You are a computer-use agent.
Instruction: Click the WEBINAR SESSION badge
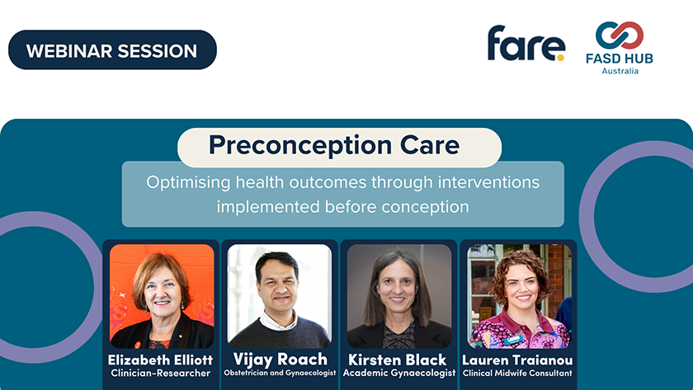(112, 50)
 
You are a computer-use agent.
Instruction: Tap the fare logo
(526, 43)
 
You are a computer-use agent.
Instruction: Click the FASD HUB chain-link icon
(620, 35)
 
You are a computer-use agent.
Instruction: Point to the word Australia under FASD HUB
(620, 71)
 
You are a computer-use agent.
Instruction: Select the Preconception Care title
(334, 145)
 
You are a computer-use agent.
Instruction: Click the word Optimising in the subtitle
(188, 182)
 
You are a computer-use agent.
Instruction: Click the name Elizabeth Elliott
(160, 360)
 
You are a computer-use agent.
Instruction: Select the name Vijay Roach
(280, 359)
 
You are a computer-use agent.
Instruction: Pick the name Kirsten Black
(398, 360)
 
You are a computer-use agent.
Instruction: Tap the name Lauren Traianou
(517, 360)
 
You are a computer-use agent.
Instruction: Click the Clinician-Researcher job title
(160, 374)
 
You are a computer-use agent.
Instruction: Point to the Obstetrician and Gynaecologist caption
(280, 373)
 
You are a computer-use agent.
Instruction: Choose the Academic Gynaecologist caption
(399, 374)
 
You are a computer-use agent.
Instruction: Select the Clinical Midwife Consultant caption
(517, 374)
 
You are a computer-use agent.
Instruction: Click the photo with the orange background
(162, 296)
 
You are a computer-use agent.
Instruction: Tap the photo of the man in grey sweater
(280, 296)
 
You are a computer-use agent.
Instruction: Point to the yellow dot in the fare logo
(560, 58)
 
